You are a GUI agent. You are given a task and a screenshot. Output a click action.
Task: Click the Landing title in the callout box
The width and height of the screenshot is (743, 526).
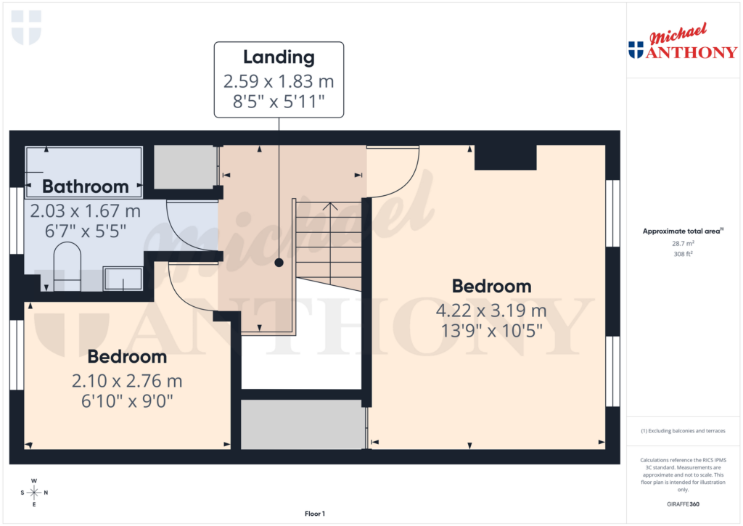pos(279,57)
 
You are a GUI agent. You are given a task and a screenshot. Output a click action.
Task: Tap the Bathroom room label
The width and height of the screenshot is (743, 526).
pos(85,186)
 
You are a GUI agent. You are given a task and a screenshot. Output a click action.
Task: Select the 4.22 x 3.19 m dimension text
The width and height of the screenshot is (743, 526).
pos(490,311)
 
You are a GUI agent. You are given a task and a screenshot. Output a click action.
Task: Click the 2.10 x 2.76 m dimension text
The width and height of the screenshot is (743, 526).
pos(127,381)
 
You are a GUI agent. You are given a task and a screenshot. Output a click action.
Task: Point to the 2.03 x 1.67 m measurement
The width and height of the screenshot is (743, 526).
pos(85,211)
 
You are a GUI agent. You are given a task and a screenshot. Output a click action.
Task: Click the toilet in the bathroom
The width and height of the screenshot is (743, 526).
pos(67,265)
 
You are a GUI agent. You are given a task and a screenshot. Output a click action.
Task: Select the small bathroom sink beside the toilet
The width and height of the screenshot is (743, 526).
pos(123,279)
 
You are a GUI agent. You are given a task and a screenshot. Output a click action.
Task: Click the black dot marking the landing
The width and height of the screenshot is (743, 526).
pos(279,263)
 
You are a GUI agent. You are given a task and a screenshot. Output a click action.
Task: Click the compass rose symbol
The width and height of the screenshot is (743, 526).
pos(34,493)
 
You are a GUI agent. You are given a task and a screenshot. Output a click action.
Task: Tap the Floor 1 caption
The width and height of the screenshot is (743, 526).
pos(315,514)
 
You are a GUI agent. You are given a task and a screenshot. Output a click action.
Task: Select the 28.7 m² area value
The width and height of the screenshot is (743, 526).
pos(683,244)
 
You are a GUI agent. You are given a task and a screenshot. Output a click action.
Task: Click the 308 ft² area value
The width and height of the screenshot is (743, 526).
pos(683,254)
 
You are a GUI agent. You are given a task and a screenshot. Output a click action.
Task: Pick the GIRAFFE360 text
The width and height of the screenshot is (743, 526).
pos(683,504)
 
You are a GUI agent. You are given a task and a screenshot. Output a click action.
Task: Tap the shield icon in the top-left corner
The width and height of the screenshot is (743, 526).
pos(27,28)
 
